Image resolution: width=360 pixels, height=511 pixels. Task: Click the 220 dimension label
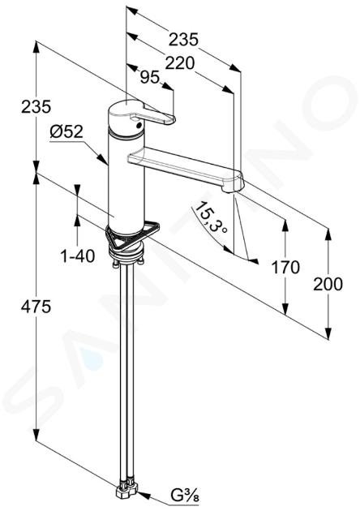[180, 63]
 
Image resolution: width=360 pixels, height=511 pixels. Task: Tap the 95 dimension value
[150, 78]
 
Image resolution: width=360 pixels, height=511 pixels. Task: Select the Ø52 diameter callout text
[66, 132]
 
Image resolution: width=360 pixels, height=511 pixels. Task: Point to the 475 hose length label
[36, 307]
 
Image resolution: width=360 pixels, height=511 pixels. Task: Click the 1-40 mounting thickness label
[78, 255]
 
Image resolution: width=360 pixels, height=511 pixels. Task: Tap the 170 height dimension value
[285, 268]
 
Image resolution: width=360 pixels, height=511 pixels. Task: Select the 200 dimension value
[328, 284]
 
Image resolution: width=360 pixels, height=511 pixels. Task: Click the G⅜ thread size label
[185, 497]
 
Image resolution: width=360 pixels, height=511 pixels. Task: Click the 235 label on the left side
[36, 107]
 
